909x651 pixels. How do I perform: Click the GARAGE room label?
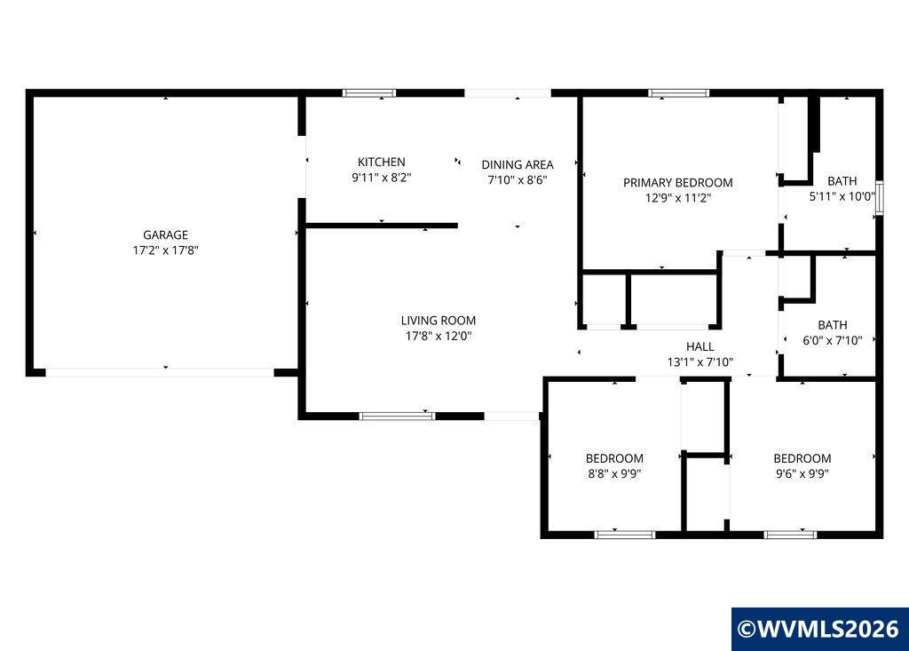pyautogui.click(x=165, y=235)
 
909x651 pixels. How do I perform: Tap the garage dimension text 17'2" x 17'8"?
pyautogui.click(x=165, y=250)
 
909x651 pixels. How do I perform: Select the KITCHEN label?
pyautogui.click(x=382, y=162)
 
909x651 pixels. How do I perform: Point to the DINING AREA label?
pyautogui.click(x=518, y=165)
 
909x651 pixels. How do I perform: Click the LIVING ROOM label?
pyautogui.click(x=439, y=321)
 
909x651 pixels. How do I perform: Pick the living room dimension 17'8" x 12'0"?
pyautogui.click(x=439, y=336)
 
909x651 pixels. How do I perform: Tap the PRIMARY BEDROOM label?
pyautogui.click(x=677, y=183)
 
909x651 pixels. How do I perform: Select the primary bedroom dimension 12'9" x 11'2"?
pyautogui.click(x=677, y=198)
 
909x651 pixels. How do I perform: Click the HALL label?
pyautogui.click(x=700, y=347)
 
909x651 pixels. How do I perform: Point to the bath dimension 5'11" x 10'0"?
pyautogui.click(x=842, y=196)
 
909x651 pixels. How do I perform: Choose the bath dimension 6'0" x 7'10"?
pyautogui.click(x=833, y=340)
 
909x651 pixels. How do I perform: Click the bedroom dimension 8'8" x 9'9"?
pyautogui.click(x=614, y=473)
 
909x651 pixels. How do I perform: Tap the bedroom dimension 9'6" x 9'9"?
pyautogui.click(x=802, y=473)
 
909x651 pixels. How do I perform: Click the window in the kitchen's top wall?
pyautogui.click(x=368, y=93)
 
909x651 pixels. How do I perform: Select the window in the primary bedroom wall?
pyautogui.click(x=679, y=93)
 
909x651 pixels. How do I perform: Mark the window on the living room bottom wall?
pyautogui.click(x=397, y=416)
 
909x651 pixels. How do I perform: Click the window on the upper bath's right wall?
pyautogui.click(x=880, y=198)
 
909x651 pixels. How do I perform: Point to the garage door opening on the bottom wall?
pyautogui.click(x=160, y=372)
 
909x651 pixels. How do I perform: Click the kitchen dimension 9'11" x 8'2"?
pyautogui.click(x=382, y=178)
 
